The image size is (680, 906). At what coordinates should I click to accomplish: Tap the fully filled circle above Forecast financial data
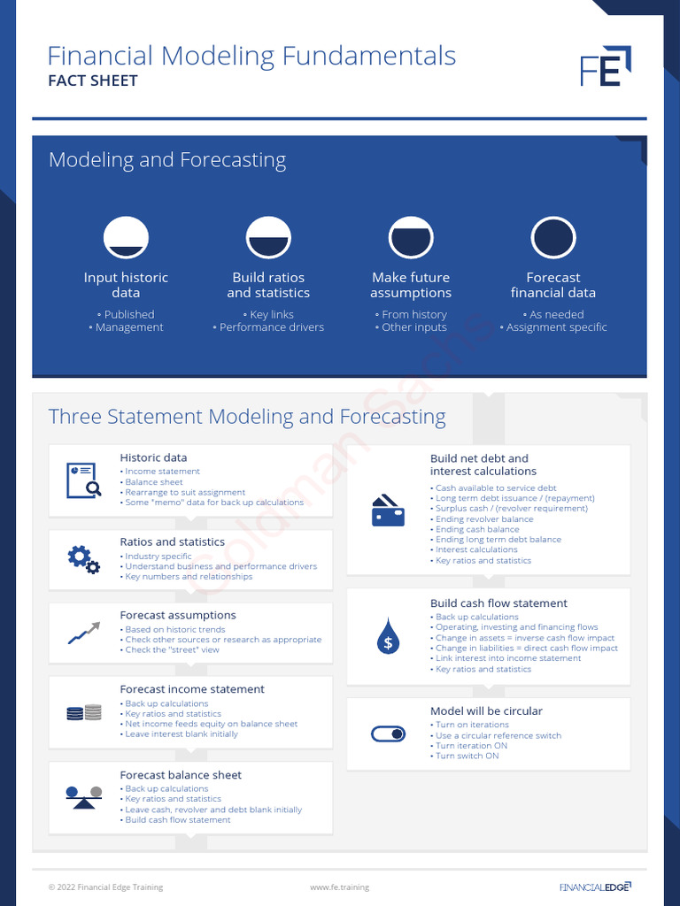point(553,238)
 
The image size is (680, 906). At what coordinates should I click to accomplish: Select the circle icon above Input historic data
point(126,238)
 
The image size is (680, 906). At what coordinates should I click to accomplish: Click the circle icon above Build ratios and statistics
point(268,238)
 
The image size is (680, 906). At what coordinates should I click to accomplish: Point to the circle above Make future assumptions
point(411,238)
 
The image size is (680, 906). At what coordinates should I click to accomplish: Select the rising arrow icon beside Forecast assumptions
point(83,633)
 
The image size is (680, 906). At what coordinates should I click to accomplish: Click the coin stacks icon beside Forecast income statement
point(83,711)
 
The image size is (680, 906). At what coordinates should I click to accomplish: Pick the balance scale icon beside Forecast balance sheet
point(83,796)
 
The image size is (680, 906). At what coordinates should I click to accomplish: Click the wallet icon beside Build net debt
point(388,511)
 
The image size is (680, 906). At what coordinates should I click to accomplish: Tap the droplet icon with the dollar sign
point(388,636)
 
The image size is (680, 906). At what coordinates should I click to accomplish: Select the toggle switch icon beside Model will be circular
point(388,733)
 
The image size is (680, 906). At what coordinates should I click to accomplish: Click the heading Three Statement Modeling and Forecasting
point(247,417)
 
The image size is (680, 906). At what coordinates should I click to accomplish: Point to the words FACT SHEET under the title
point(92,81)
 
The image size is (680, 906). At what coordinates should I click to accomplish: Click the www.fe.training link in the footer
point(339,887)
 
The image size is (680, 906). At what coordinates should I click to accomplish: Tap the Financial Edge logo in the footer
point(595,887)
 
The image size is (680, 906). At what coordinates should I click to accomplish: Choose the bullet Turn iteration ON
point(472,746)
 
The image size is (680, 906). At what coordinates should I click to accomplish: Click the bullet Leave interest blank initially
point(182,734)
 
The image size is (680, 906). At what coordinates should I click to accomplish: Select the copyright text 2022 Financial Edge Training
point(105,887)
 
